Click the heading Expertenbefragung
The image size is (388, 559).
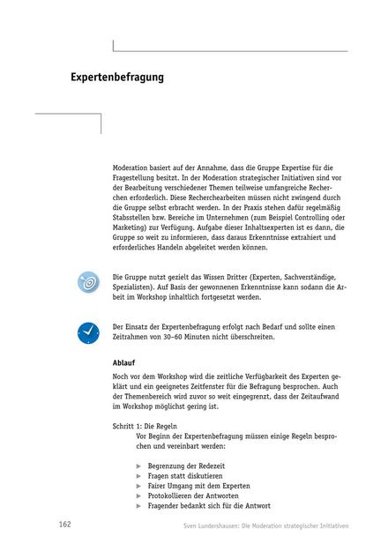tap(117, 78)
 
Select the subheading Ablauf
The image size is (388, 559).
tap(123, 362)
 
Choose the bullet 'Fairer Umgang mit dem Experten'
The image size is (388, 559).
tap(199, 485)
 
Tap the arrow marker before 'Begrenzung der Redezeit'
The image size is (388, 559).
tap(139, 464)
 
